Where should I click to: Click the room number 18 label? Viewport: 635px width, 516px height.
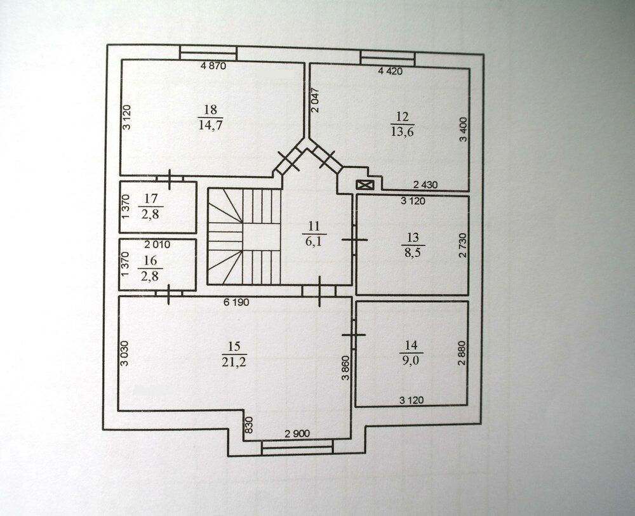click(211, 110)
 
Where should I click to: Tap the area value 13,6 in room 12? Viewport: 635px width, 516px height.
click(402, 132)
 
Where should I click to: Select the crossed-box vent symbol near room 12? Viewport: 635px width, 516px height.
click(365, 185)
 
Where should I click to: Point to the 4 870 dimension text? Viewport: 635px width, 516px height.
click(213, 66)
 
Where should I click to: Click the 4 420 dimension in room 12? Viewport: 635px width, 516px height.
click(391, 71)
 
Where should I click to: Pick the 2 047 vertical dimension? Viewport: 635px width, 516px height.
click(316, 100)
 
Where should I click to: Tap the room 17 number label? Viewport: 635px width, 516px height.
click(150, 199)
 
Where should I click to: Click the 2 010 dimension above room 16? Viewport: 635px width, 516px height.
click(157, 244)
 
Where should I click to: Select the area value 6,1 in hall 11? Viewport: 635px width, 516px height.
click(314, 242)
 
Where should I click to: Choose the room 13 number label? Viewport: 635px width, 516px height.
click(413, 237)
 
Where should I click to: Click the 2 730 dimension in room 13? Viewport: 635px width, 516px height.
click(463, 245)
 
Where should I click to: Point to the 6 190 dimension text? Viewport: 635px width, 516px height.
click(236, 302)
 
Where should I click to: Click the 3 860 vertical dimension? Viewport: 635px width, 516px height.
click(345, 368)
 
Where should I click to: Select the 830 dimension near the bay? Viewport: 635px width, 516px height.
click(249, 425)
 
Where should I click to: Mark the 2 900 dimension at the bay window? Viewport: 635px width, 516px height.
click(297, 434)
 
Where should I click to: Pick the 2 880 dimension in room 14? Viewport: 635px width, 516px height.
click(462, 354)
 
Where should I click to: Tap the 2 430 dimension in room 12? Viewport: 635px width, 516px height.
click(425, 185)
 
